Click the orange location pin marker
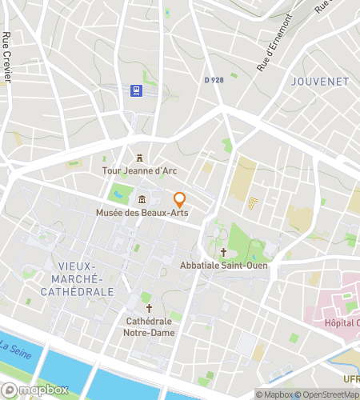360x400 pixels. (180, 199)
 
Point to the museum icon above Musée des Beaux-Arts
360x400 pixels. (142, 199)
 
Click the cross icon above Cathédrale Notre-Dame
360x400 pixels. (148, 308)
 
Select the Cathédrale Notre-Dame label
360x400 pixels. (148, 327)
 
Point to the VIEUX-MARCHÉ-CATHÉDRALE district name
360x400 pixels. (85, 278)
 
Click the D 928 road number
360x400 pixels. (214, 80)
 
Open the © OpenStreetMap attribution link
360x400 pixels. (330, 394)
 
